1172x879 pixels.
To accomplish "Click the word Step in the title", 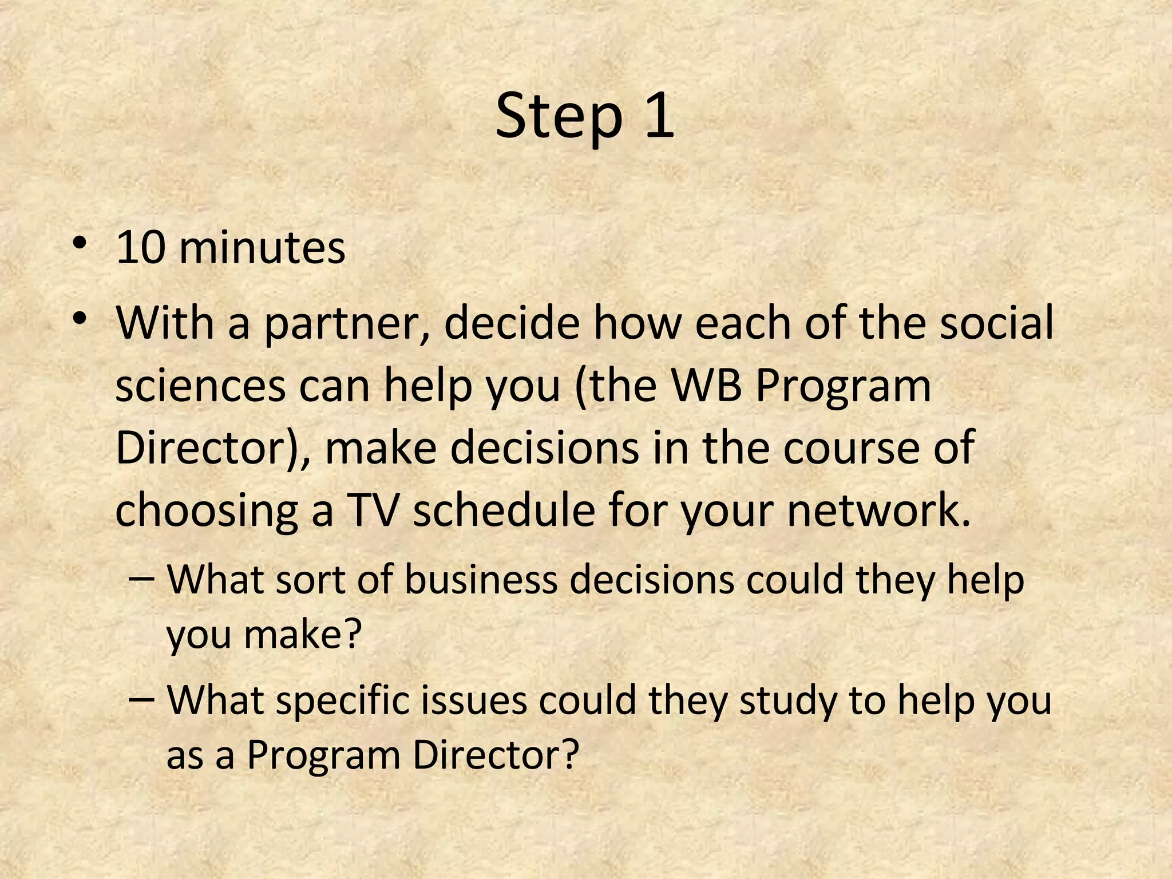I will pyautogui.click(x=558, y=117).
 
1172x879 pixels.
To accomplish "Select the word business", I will pyautogui.click(x=481, y=580).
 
